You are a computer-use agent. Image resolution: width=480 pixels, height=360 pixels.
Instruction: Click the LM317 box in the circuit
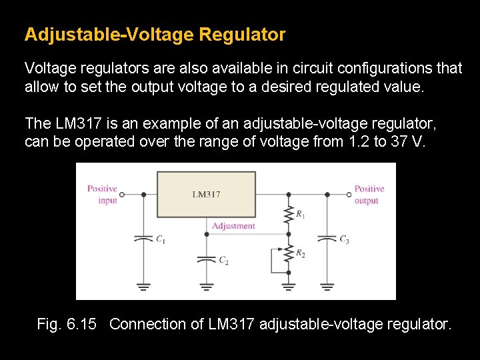coord(205,194)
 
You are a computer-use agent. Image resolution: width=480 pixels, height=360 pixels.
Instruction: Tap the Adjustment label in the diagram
coord(233,226)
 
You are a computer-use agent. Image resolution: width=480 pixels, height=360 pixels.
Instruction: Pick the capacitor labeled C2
coord(207,259)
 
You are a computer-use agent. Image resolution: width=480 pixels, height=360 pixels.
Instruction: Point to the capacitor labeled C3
coord(327,238)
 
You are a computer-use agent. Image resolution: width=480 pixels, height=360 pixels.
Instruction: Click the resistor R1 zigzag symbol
coord(288,214)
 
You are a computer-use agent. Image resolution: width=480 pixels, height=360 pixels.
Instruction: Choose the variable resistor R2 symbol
coord(288,253)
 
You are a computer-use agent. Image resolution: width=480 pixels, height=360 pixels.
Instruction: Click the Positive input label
coord(102,194)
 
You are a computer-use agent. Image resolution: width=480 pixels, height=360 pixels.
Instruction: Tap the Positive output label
coord(369,194)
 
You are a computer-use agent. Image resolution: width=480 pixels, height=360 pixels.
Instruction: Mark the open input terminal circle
coord(124,195)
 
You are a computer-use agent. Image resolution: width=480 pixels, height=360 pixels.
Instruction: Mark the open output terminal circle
coord(348,195)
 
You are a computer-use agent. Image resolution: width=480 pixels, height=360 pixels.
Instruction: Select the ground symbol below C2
coord(207,287)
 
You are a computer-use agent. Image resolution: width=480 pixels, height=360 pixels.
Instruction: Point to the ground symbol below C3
coord(327,287)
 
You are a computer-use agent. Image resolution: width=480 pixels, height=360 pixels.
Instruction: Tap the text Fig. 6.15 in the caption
coord(67,325)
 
